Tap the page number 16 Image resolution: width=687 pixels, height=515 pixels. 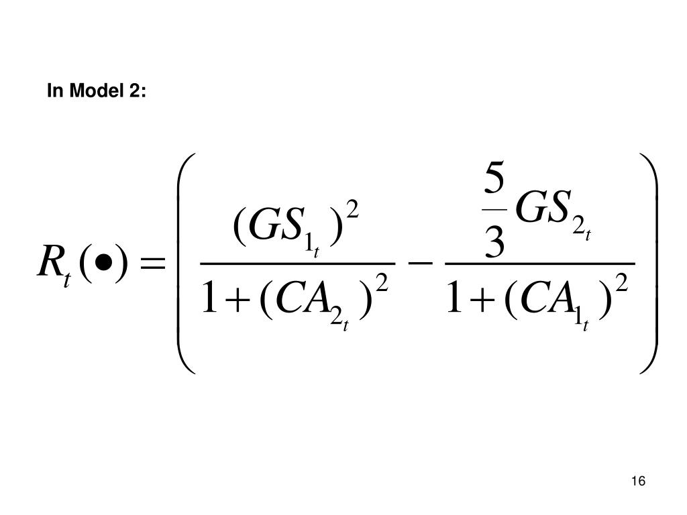pyautogui.click(x=638, y=481)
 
